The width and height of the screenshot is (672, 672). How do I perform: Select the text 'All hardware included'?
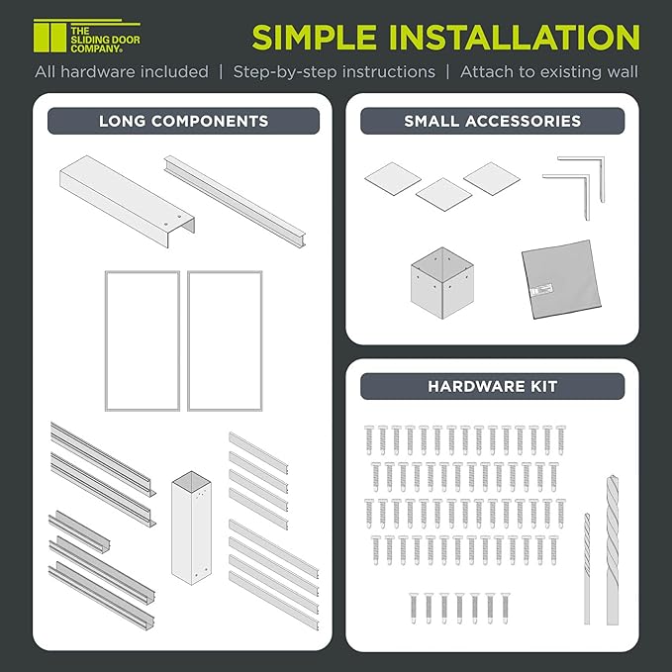pyautogui.click(x=122, y=71)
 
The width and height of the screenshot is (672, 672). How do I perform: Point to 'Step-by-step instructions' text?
pyautogui.click(x=335, y=71)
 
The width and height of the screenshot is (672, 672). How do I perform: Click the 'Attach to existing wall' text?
pyautogui.click(x=548, y=71)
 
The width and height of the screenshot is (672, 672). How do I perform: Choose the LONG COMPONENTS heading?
pyautogui.click(x=183, y=121)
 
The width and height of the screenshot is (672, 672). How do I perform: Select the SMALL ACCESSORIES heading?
pyautogui.click(x=492, y=121)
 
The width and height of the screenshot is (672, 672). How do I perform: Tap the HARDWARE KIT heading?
pyautogui.click(x=492, y=386)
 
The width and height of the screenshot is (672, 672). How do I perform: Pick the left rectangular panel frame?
pyautogui.click(x=142, y=340)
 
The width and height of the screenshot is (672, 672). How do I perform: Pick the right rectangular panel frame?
pyautogui.click(x=225, y=340)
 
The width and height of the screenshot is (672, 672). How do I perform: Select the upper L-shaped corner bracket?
pyautogui.click(x=584, y=169)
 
